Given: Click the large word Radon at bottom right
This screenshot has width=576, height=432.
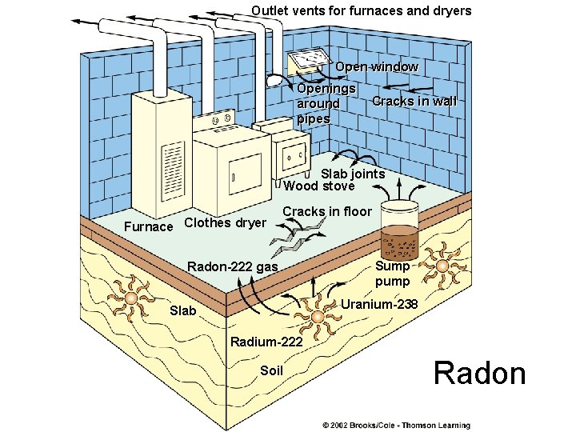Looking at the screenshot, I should [479, 374].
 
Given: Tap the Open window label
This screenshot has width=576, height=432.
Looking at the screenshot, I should [376, 67].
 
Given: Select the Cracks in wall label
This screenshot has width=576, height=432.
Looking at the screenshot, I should [414, 102].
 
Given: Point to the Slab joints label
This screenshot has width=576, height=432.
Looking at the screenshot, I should [352, 174].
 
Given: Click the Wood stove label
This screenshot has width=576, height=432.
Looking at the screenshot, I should [318, 186].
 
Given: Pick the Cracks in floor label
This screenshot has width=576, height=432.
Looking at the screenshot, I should [327, 211].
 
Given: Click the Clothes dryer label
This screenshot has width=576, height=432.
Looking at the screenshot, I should [225, 223].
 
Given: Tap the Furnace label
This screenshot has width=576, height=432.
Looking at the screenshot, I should [149, 226].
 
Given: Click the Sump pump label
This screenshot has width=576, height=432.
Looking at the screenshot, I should [392, 274].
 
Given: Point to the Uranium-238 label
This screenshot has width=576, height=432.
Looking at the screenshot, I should [379, 305].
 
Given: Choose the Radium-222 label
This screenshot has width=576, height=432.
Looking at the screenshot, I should [266, 342].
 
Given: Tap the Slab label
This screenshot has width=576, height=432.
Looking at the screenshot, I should [182, 310].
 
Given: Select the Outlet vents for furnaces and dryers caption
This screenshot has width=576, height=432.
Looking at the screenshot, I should [361, 11].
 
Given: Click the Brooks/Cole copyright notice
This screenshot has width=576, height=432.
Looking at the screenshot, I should [396, 425].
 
